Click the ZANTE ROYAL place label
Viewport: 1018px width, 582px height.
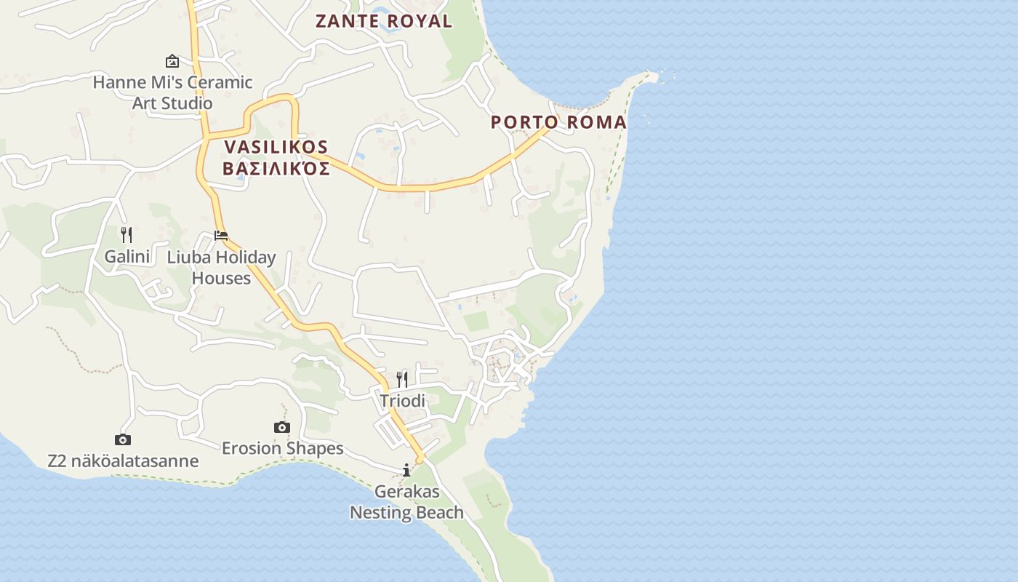click(383, 21)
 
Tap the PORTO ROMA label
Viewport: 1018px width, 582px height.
click(558, 122)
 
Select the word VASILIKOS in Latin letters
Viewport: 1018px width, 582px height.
click(276, 147)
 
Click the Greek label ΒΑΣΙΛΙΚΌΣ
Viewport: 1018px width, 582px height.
click(276, 170)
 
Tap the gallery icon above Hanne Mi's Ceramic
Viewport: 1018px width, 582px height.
click(172, 61)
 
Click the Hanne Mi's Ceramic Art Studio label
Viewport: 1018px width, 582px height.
click(172, 92)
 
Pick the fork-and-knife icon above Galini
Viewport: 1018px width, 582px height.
click(127, 234)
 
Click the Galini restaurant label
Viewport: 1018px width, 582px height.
click(127, 256)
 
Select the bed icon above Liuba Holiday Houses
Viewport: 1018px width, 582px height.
click(221, 236)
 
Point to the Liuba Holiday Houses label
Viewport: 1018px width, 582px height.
click(221, 267)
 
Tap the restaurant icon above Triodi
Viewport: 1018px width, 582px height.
click(401, 379)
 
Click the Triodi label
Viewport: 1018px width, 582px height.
click(402, 401)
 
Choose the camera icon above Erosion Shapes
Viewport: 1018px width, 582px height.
click(282, 427)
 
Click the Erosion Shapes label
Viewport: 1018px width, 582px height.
click(282, 448)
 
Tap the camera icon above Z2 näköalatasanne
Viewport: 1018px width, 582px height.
click(123, 439)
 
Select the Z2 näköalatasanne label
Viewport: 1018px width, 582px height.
click(123, 461)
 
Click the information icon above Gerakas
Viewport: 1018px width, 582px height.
click(406, 470)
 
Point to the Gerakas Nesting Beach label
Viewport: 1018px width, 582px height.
click(406, 502)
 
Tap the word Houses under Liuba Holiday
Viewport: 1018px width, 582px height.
click(221, 278)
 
